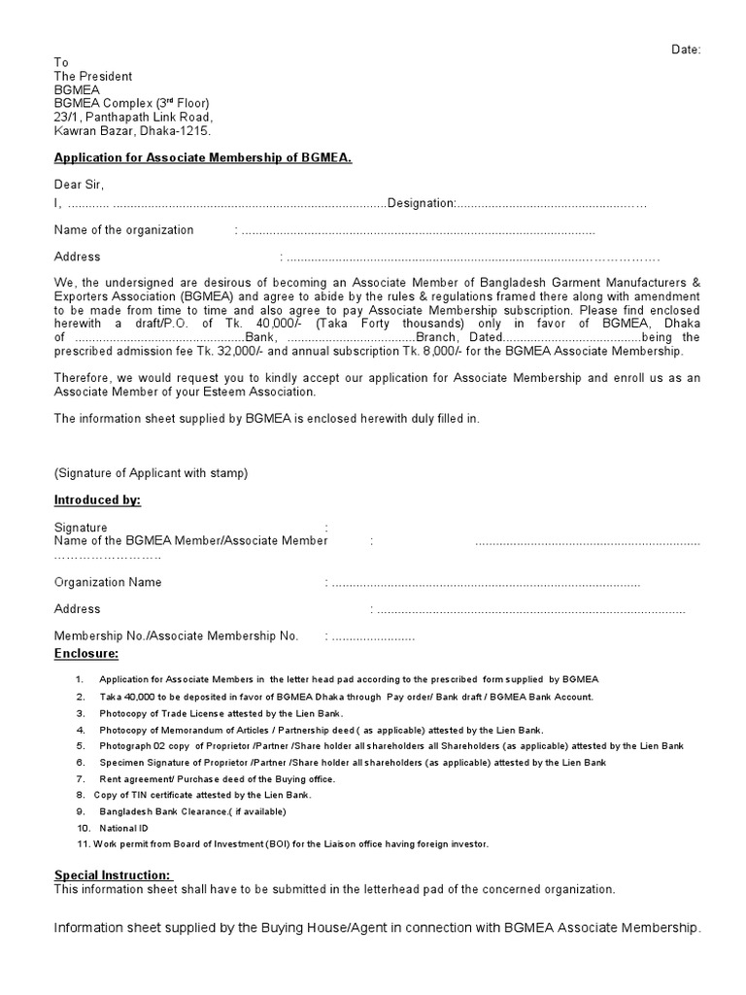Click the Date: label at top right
coord(686,49)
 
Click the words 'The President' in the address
coord(92,76)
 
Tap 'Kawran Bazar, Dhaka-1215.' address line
coord(132,130)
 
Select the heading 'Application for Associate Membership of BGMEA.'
coord(202,157)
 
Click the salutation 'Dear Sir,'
coord(79,185)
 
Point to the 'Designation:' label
coord(422,203)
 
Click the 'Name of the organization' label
coord(123,230)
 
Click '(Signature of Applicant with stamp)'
coord(151,473)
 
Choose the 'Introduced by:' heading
coord(97,499)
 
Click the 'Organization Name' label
coord(108,582)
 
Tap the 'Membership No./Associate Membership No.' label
coord(176,635)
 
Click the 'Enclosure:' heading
coord(86,653)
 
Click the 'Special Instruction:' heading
coord(113,875)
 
